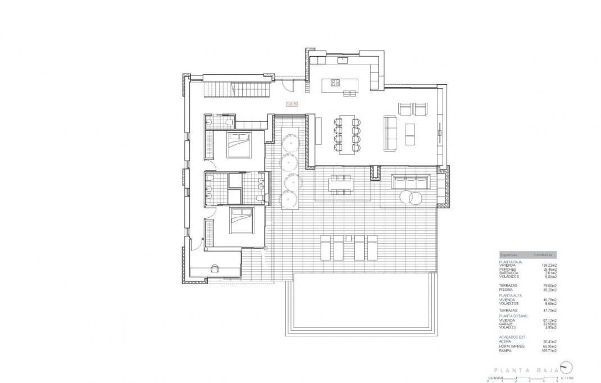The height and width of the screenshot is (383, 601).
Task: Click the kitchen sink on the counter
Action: (x=342, y=59)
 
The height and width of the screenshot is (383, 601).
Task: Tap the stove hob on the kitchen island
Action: (x=335, y=83)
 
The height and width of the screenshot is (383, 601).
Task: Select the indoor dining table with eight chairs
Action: (x=348, y=133)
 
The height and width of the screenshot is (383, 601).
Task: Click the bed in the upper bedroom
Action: (x=240, y=145)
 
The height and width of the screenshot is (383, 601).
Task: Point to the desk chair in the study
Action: (x=214, y=268)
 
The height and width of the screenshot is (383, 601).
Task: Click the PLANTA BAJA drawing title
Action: (x=525, y=370)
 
